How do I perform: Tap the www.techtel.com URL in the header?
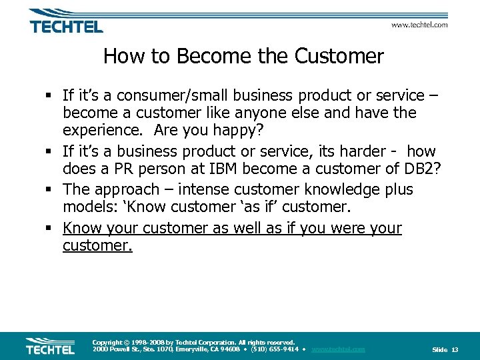click(419, 25)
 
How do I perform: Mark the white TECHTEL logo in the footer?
click(51, 346)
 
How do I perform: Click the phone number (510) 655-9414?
click(273, 349)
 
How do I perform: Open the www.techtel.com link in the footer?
click(338, 349)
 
